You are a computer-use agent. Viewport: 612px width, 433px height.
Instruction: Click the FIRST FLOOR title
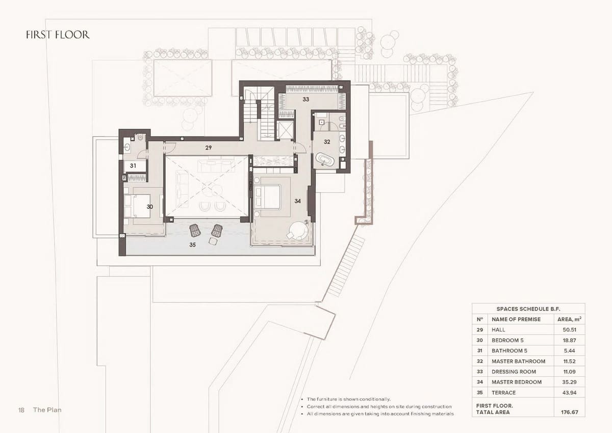[58, 35]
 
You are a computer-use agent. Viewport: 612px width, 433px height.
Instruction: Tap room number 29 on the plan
[209, 148]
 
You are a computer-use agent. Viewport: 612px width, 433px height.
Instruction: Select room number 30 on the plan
[150, 207]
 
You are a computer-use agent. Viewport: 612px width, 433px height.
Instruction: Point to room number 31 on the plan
[133, 165]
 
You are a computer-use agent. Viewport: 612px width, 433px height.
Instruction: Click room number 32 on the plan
[327, 141]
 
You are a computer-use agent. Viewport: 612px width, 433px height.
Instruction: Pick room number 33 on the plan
[305, 99]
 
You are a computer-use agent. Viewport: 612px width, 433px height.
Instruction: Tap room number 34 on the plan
[297, 201]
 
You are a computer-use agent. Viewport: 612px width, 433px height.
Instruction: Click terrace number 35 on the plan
[193, 245]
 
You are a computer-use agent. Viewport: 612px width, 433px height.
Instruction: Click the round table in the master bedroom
[299, 230]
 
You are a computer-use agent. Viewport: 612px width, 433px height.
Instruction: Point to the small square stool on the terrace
[213, 241]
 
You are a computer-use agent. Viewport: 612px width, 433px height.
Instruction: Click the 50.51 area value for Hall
[569, 330]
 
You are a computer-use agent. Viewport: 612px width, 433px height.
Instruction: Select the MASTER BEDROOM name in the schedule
[516, 382]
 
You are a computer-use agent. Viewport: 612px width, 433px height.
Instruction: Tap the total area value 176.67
[570, 412]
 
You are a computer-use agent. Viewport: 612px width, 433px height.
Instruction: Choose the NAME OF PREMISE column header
[516, 319]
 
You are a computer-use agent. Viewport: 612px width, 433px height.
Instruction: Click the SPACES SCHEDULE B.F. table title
[528, 309]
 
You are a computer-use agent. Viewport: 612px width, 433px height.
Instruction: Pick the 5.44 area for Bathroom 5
[569, 350]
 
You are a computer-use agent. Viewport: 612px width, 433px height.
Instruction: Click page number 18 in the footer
[21, 410]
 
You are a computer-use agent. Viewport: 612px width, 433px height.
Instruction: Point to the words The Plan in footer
[47, 410]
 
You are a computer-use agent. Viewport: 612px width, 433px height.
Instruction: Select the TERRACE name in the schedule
[503, 393]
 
